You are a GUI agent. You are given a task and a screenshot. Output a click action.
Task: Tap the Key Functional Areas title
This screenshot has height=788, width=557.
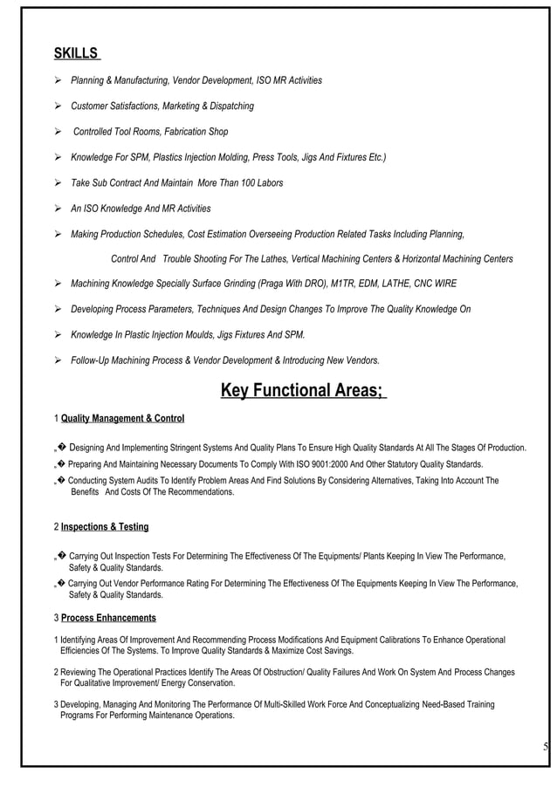pos(302,389)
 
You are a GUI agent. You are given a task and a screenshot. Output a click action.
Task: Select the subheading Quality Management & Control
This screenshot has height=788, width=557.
pos(122,419)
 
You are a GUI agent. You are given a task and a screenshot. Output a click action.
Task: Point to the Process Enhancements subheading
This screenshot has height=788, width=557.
pos(108,618)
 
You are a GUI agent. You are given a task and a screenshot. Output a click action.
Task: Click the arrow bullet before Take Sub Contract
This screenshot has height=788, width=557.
pos(58,183)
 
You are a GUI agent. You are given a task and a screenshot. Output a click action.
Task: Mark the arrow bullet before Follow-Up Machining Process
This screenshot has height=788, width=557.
pos(58,360)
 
